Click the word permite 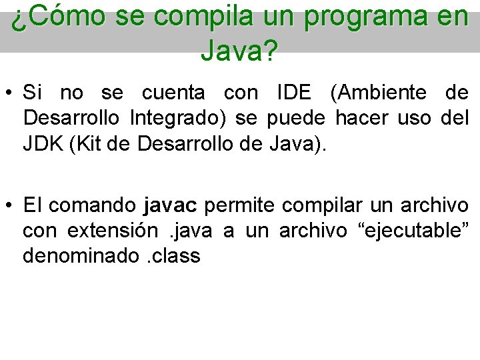[x=235, y=205]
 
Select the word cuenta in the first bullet [x=179, y=92]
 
